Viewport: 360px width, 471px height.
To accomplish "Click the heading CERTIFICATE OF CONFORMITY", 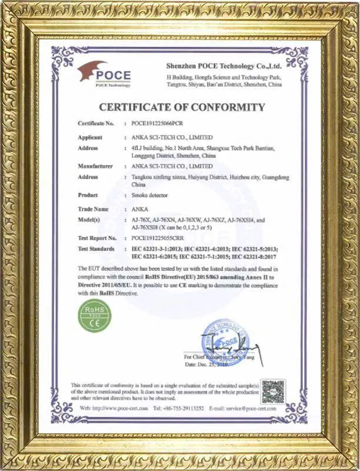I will (x=181, y=107).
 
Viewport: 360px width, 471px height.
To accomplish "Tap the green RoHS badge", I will (x=95, y=315).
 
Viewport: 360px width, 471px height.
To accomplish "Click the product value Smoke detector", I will (x=152, y=195).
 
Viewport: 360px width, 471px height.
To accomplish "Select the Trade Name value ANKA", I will (x=139, y=209).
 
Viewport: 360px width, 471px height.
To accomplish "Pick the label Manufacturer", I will (x=95, y=167).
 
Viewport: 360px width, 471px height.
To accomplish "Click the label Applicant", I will (x=91, y=137).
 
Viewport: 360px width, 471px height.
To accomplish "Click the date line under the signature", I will (x=205, y=365).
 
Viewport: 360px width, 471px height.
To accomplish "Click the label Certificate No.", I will (x=96, y=124).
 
